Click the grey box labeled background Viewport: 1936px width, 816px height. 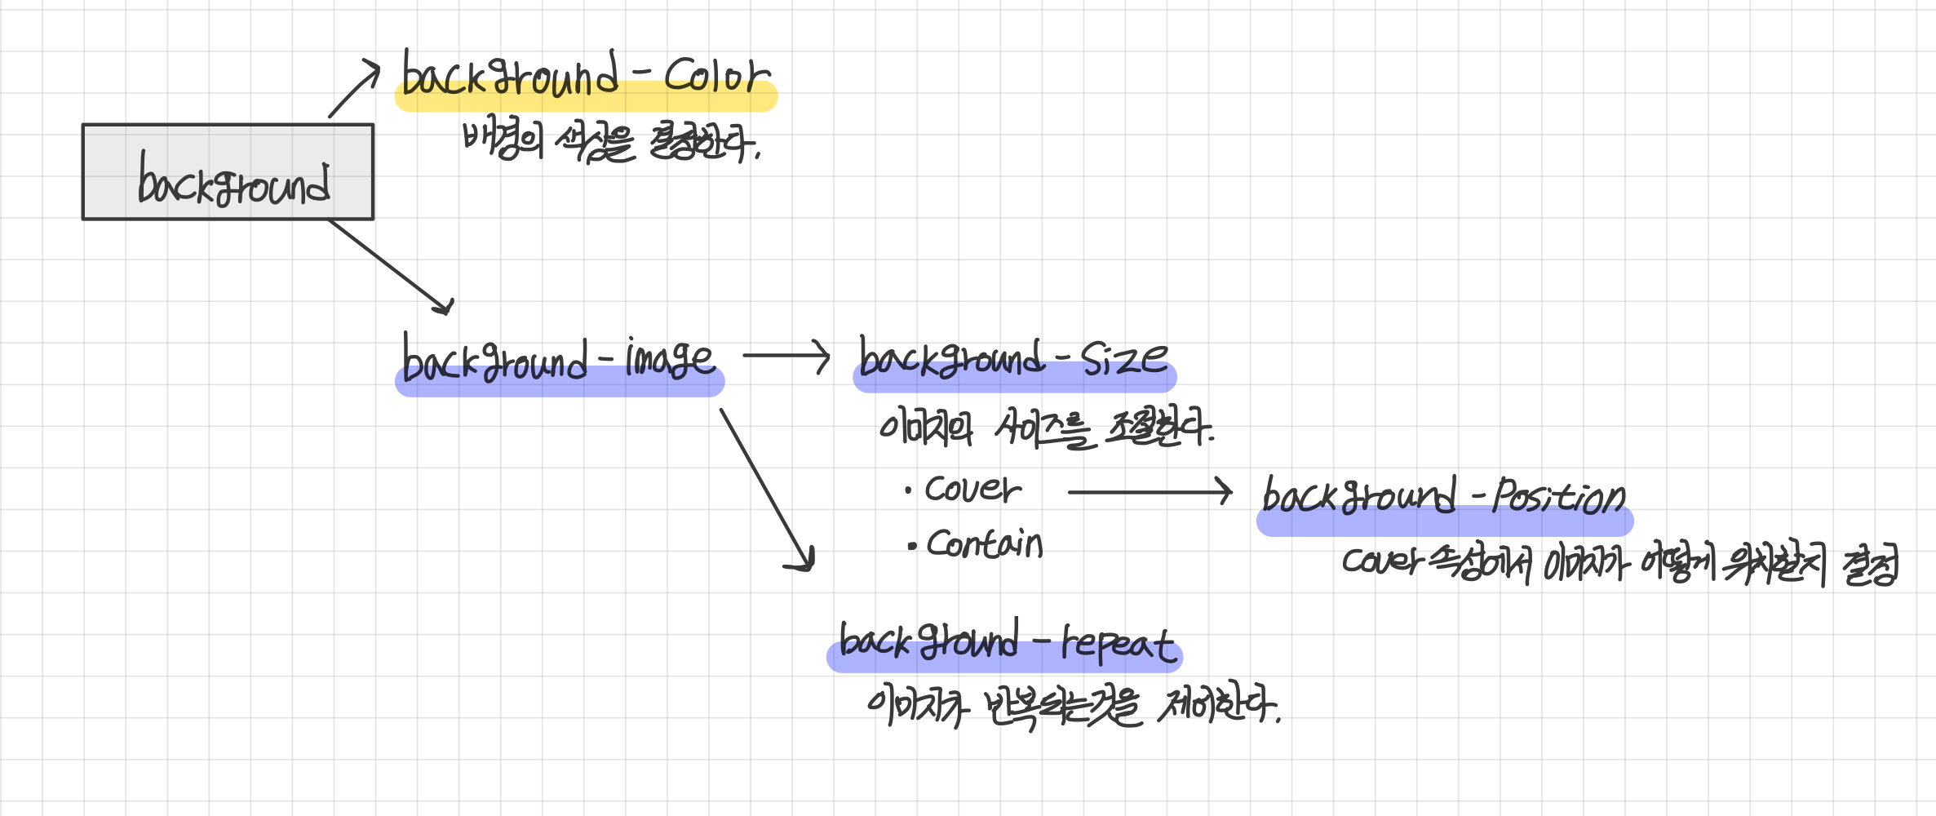(x=228, y=172)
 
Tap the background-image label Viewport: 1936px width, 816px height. (x=559, y=361)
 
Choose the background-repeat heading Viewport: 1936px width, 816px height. (x=1005, y=643)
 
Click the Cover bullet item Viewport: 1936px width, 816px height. (x=972, y=490)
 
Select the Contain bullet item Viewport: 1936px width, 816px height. (x=984, y=544)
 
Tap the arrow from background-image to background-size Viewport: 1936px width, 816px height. (x=786, y=356)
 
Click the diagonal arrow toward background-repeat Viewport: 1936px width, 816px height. (x=767, y=490)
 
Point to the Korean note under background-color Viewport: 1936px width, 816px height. (x=611, y=144)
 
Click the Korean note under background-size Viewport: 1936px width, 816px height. (x=1046, y=428)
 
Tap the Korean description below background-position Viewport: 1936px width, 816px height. (x=1619, y=564)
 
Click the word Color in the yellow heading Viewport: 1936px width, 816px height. (x=715, y=76)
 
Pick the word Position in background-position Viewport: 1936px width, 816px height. (x=1558, y=496)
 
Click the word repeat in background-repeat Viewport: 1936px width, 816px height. (x=1118, y=644)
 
